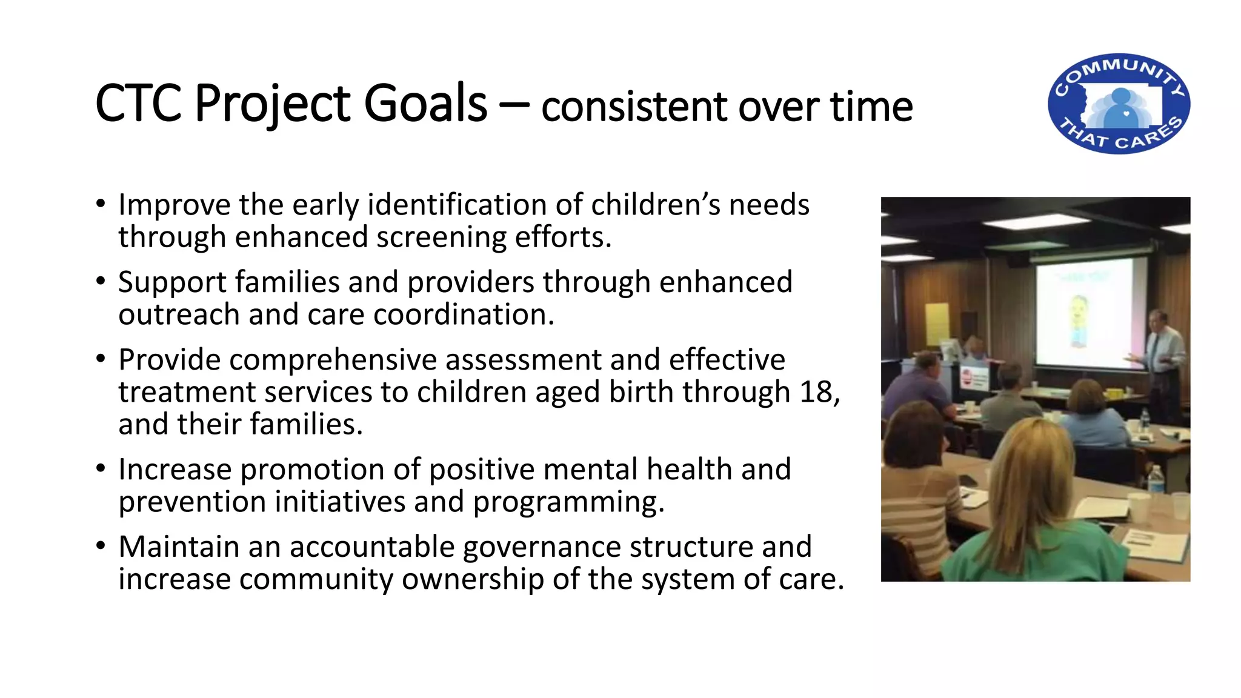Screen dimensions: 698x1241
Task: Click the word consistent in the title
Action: [x=633, y=107]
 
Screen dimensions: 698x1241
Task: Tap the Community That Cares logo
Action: [x=1119, y=104]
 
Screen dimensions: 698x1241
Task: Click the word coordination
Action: [x=464, y=314]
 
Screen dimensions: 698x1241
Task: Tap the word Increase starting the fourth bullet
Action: [x=175, y=470]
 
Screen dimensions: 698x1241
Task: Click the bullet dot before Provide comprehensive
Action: [x=101, y=359]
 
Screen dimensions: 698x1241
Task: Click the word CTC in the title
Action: [x=138, y=104]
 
